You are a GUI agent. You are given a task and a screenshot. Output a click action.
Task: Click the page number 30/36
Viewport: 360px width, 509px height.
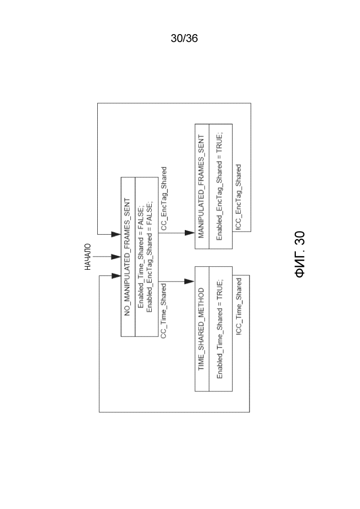[x=184, y=39]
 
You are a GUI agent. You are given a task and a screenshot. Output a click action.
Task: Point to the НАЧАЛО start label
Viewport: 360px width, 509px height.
[x=88, y=257]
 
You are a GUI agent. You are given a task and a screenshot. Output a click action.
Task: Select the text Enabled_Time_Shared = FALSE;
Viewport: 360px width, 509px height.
[x=141, y=256]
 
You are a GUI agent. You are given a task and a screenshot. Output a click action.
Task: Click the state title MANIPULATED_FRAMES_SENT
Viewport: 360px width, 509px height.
[x=202, y=187]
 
